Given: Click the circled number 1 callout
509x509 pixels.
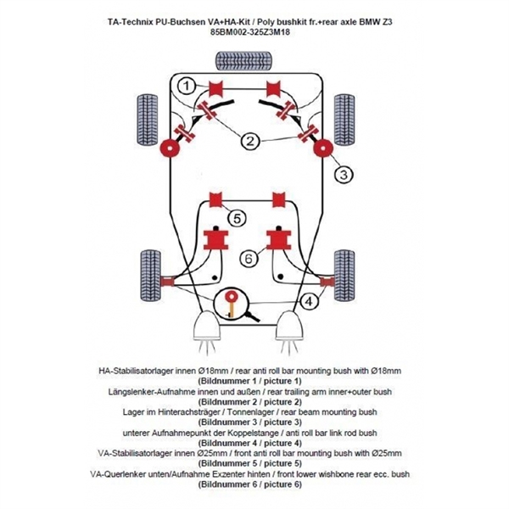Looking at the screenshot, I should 189,85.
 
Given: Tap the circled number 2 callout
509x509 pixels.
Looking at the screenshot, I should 251,142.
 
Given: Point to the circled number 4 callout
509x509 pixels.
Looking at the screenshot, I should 310,301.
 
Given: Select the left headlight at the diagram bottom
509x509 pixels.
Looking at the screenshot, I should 206,327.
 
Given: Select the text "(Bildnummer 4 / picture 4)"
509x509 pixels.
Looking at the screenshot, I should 249,443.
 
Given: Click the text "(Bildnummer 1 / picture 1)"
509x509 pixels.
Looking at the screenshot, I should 249,383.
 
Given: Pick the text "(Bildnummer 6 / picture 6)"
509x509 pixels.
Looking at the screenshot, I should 249,484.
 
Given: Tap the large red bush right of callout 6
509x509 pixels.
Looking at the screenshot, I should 278,240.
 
